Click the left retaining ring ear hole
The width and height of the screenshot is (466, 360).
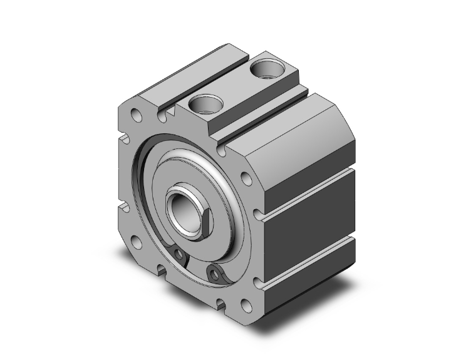point(180,254)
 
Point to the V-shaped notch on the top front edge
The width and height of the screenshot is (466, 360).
point(165,113)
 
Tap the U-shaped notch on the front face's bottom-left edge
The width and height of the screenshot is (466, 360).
point(162,270)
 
